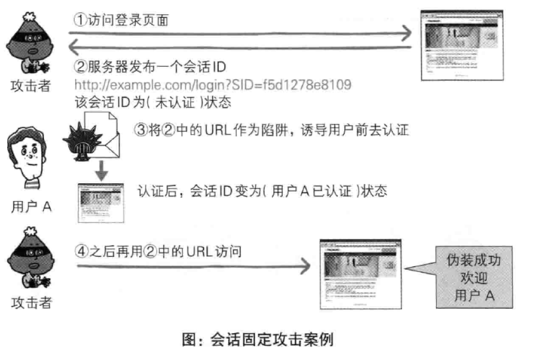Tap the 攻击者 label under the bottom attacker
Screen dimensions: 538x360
coord(32,304)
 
